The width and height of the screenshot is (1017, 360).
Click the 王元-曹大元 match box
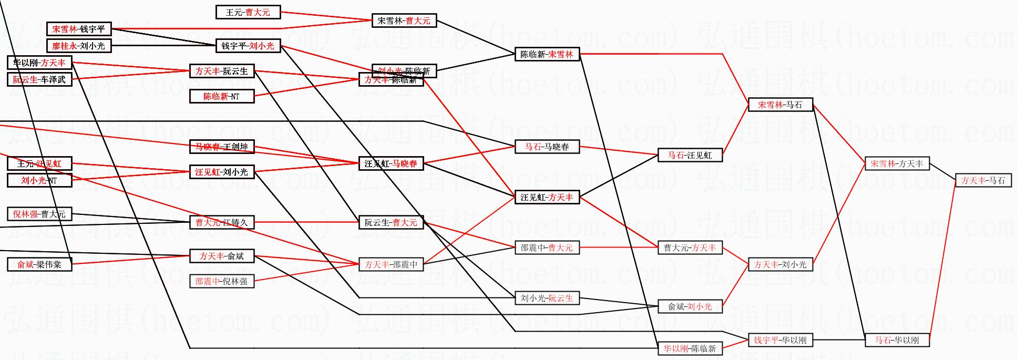248,12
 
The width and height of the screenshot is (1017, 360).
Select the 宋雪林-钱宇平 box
79,29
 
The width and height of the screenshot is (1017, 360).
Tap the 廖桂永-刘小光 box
79,46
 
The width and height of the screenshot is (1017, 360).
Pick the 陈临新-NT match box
222,96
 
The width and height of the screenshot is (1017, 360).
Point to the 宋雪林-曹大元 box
404,20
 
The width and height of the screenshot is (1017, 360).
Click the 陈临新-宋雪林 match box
547,54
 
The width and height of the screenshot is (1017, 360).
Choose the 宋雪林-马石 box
780,105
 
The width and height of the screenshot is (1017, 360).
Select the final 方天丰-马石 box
983,180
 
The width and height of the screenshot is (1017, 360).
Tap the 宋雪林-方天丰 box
897,163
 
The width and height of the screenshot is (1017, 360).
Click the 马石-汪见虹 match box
690,155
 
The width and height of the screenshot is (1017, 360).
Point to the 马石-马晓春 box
547,147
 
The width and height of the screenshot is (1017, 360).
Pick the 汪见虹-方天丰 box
547,197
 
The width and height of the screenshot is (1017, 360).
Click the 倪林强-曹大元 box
39,214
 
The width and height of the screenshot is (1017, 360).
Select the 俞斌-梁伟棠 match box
39,264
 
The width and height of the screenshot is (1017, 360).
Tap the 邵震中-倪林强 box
222,281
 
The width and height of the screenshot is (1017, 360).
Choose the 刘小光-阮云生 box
547,298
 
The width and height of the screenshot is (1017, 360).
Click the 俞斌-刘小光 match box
690,306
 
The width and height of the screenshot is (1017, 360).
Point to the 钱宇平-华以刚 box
780,340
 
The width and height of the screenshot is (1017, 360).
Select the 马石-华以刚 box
897,340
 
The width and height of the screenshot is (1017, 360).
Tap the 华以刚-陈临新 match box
690,348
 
